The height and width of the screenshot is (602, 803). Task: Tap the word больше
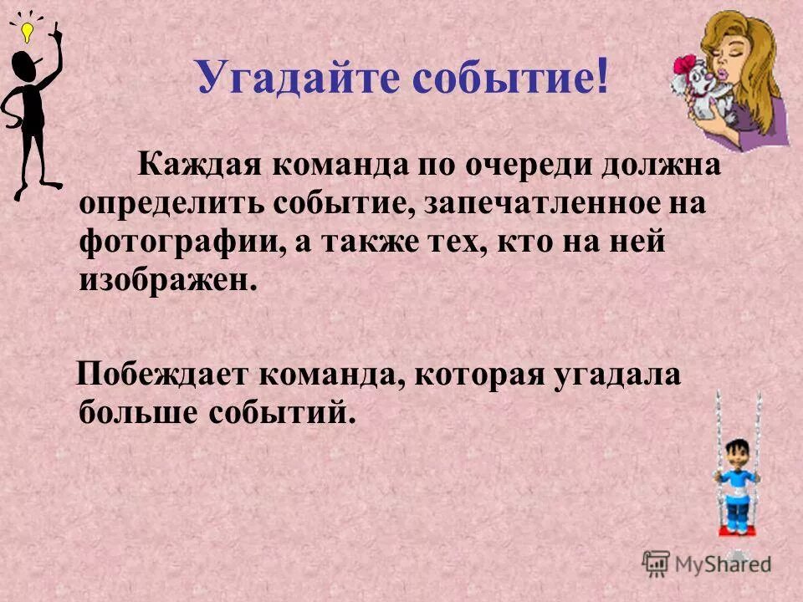130,412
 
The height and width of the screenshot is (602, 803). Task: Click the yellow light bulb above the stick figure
26,33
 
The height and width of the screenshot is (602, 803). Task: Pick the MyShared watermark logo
707,562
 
